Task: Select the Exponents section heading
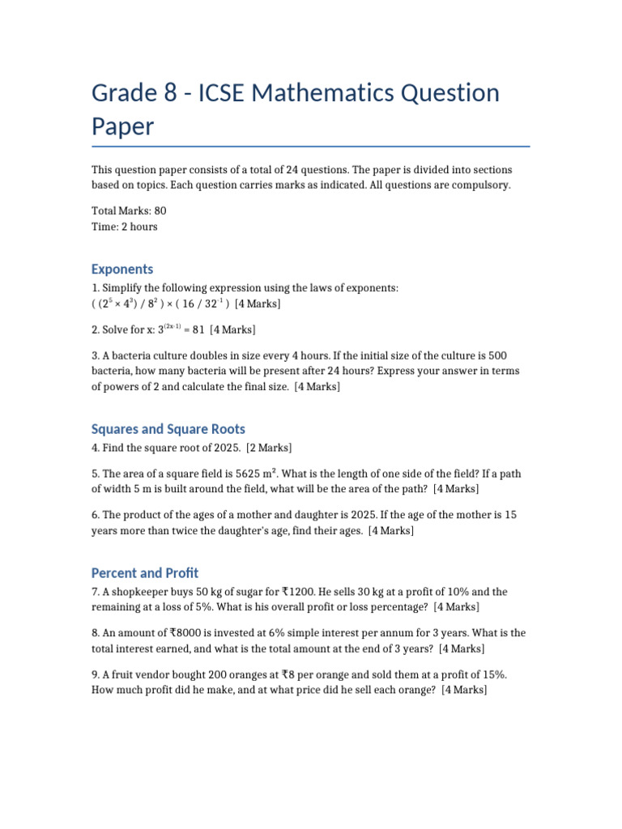(x=122, y=269)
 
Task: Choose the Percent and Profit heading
(x=145, y=573)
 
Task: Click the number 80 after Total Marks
(x=160, y=210)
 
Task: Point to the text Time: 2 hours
(x=125, y=227)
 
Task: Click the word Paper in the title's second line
(x=122, y=126)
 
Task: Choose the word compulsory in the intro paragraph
(x=481, y=185)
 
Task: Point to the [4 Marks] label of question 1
(x=258, y=304)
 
